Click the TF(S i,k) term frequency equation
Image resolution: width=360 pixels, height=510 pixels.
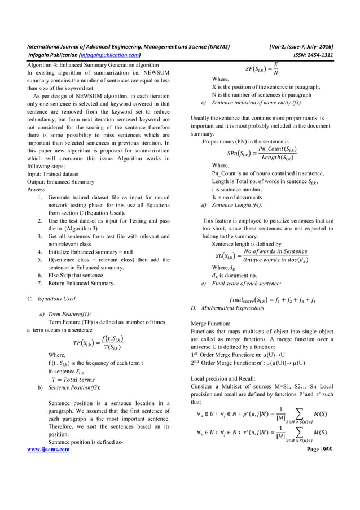[98, 342]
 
